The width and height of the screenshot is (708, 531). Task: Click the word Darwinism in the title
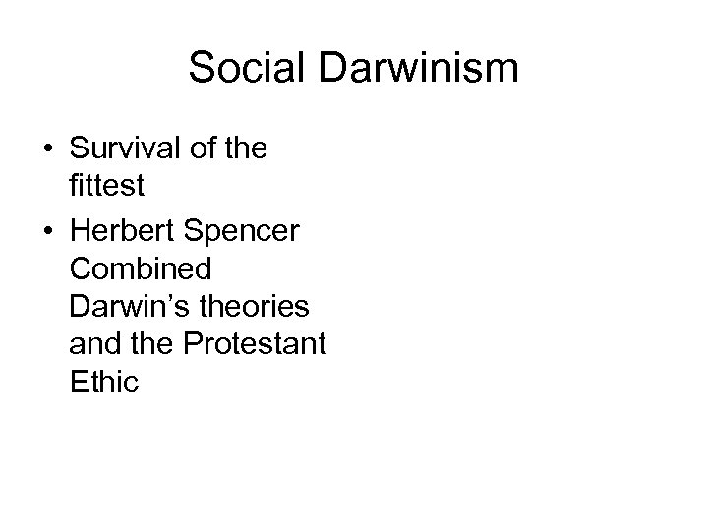pyautogui.click(x=411, y=68)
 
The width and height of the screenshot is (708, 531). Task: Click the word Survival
pyautogui.click(x=126, y=149)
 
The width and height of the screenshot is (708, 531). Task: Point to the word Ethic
pyautogui.click(x=105, y=381)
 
